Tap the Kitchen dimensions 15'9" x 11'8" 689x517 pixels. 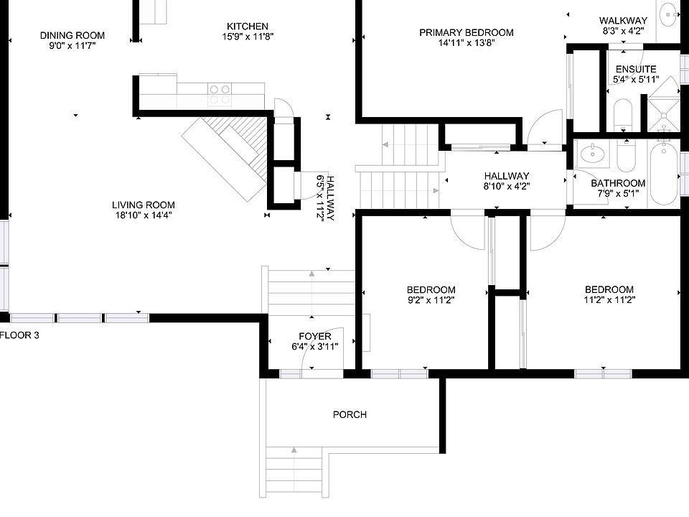point(248,37)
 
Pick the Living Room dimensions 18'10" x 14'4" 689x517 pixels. point(144,215)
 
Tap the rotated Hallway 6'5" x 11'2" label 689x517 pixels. point(326,198)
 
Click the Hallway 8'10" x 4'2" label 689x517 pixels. point(507,181)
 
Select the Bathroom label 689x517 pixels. point(618,188)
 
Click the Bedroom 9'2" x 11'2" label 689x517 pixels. point(431,295)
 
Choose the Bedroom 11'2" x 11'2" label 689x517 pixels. point(609,294)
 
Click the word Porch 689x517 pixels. point(350,414)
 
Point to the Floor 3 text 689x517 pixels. point(19,335)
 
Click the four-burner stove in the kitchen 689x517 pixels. point(220,95)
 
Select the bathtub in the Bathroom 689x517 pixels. point(664,173)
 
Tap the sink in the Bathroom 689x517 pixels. point(593,154)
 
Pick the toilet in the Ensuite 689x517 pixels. point(623,115)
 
